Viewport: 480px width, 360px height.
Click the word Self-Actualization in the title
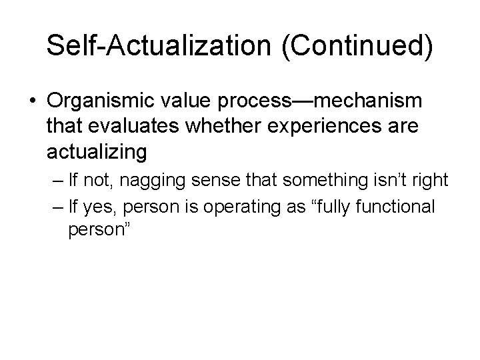pos(146,46)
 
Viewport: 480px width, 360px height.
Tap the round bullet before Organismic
pos(33,101)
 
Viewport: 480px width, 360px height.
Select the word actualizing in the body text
pos(97,152)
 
